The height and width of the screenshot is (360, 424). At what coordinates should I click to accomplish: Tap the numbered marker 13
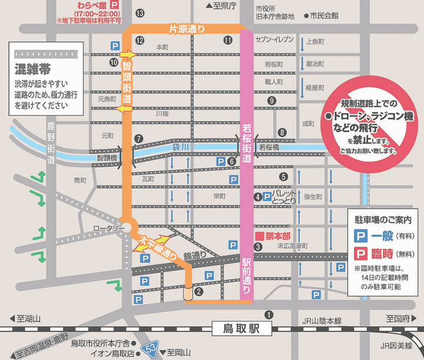[139, 13]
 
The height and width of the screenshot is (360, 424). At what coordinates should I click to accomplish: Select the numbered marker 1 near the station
[269, 315]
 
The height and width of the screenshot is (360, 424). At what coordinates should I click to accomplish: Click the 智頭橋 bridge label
[107, 158]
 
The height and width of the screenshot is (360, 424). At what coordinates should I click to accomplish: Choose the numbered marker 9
[271, 101]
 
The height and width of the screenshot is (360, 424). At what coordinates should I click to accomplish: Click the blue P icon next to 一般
[358, 235]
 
